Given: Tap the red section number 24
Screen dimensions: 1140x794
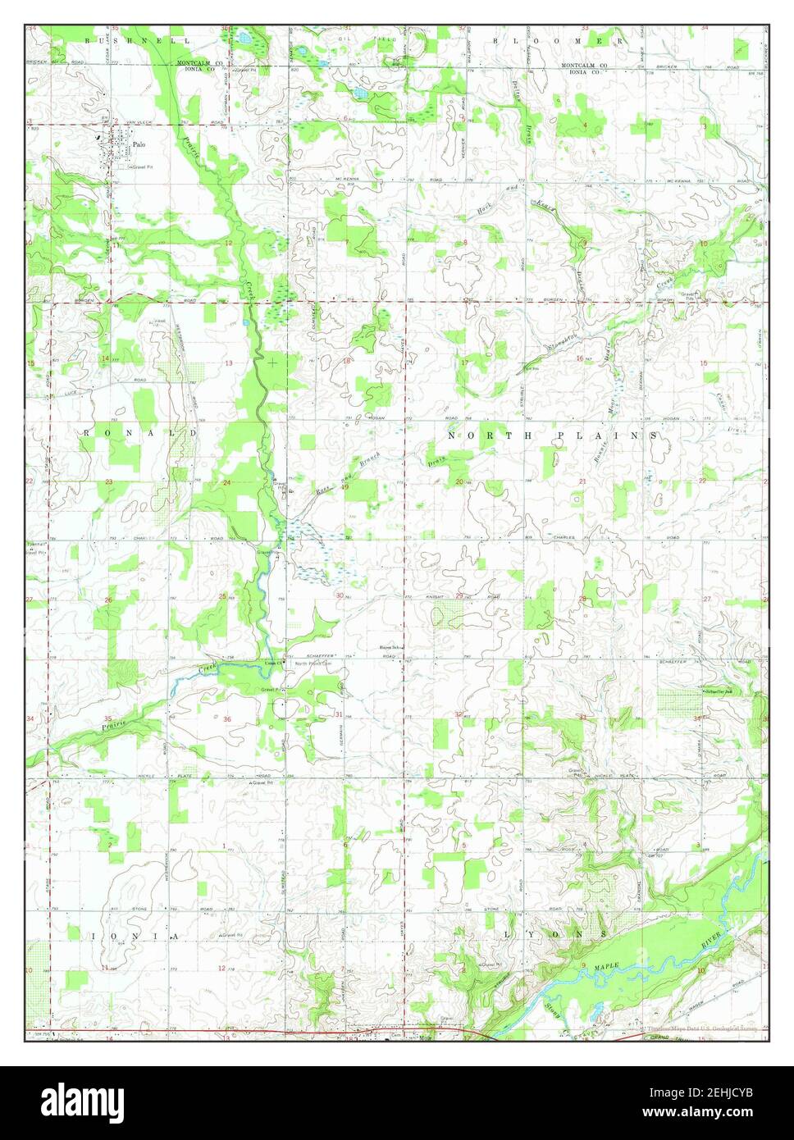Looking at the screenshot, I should coord(226,483).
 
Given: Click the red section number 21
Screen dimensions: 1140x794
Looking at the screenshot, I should coord(582,481).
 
